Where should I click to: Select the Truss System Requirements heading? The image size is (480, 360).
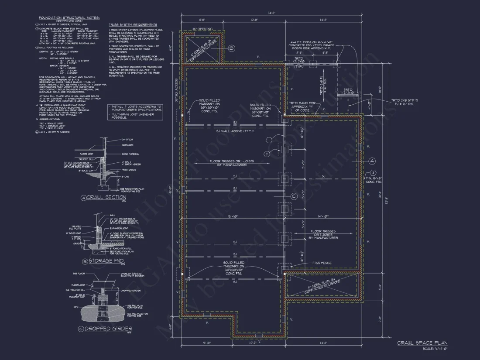tap(133, 25)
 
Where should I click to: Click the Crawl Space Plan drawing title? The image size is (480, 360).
tap(422, 343)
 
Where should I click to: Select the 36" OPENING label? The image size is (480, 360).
tap(202, 29)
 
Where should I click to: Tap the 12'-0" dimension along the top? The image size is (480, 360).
tap(254, 20)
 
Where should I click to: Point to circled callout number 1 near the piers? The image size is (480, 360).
tap(269, 140)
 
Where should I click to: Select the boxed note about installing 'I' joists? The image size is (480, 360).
tap(135, 111)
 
